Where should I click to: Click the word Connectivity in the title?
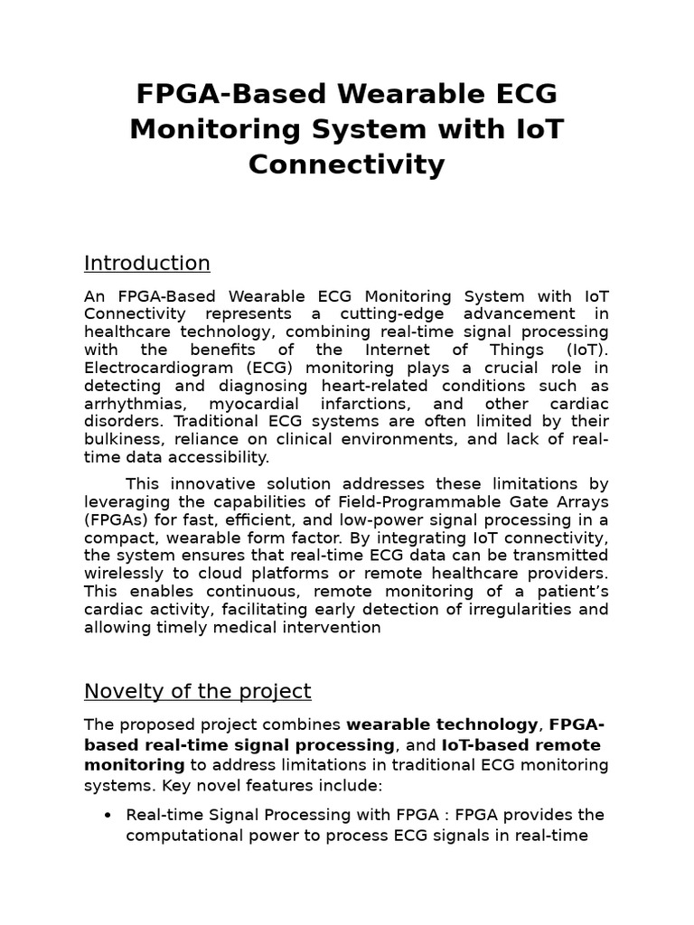[346, 164]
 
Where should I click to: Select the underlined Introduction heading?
[147, 263]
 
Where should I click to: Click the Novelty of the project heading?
[197, 691]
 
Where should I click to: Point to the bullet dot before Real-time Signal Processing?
[108, 815]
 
